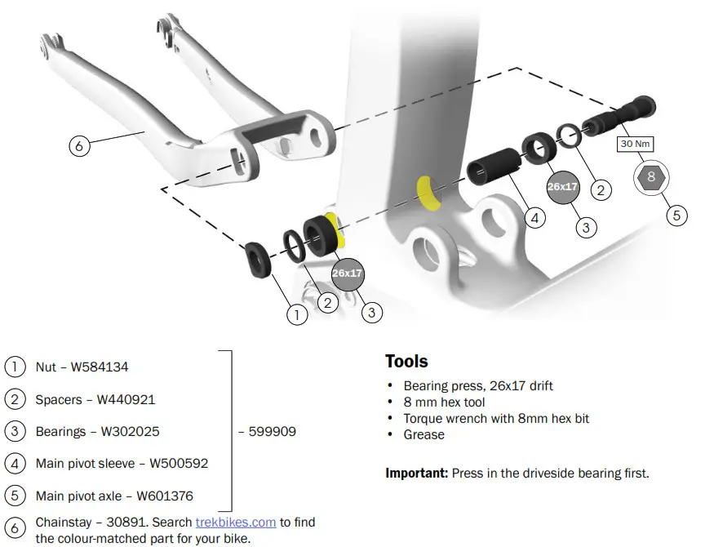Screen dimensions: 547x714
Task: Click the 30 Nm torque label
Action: (634, 144)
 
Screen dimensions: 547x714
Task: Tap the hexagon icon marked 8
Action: (650, 176)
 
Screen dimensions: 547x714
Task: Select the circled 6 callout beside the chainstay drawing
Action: (79, 147)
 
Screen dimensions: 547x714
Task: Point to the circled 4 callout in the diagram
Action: (534, 218)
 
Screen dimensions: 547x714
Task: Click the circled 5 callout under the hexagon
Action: (676, 215)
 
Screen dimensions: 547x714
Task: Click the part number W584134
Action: (100, 367)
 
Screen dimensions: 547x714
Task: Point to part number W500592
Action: (179, 464)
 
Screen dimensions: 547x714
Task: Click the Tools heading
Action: (406, 361)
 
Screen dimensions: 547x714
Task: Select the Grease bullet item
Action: (424, 434)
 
